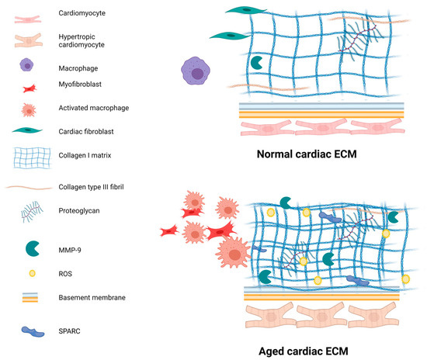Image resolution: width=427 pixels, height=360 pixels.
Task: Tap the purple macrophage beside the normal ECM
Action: [x=197, y=72]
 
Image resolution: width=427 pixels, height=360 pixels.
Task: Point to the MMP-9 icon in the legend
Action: [x=33, y=248]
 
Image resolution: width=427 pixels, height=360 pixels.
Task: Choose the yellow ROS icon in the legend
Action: [x=33, y=274]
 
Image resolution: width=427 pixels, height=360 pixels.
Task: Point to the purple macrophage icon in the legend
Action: [x=33, y=68]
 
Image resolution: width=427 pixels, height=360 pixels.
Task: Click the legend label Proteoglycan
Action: [x=79, y=210]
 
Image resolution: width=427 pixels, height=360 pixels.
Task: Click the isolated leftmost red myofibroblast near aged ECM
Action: [x=172, y=230]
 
